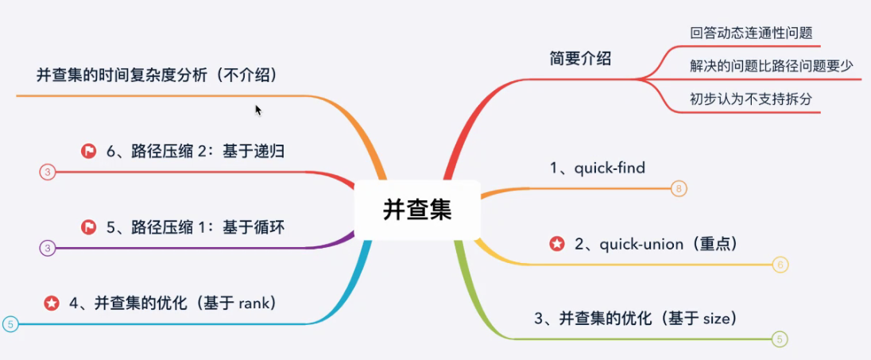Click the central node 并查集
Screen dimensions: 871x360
point(416,210)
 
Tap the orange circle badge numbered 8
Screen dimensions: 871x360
point(678,188)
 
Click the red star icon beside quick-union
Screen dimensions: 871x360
point(557,244)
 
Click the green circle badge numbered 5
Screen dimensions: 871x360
point(780,339)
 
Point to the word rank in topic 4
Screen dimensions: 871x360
point(252,303)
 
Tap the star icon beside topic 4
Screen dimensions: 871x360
point(52,303)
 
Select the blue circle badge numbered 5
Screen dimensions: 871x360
point(10,324)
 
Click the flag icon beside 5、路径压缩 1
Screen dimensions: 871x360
point(88,227)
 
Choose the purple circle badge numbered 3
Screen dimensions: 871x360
point(47,248)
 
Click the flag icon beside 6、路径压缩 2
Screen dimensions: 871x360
point(88,151)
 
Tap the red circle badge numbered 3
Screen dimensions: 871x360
point(47,172)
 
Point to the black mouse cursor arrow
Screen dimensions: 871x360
point(258,110)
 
